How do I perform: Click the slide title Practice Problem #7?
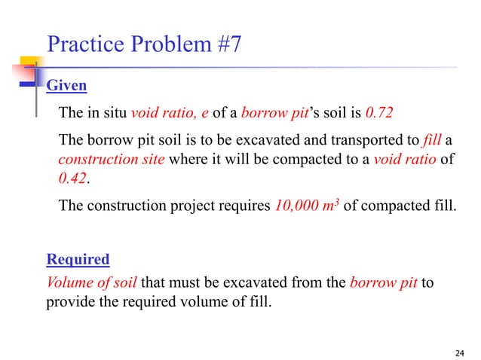pos(144,44)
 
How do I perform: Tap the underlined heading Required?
pos(78,260)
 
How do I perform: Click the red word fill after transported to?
pos(433,139)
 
